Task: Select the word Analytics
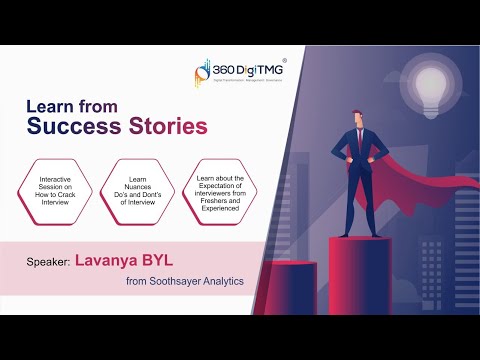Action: point(225,282)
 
